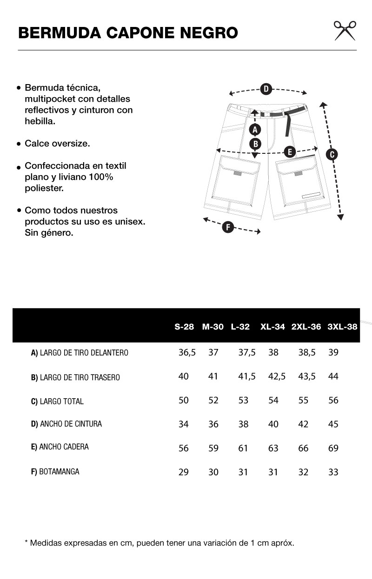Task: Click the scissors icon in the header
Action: tap(345, 30)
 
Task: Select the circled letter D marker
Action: tap(266, 89)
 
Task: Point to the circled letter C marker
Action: tap(332, 155)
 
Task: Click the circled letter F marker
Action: tap(227, 227)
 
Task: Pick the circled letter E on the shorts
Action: tap(289, 151)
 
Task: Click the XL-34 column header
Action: tap(272, 327)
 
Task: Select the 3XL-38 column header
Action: tap(342, 327)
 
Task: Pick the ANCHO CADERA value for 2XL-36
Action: tap(303, 448)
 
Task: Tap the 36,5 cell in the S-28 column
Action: tap(187, 353)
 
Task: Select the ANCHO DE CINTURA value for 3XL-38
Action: tap(333, 424)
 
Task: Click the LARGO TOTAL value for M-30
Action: tap(213, 401)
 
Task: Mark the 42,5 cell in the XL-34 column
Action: tap(277, 376)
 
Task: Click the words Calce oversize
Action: tap(57, 144)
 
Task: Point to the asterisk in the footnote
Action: tap(26, 542)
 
